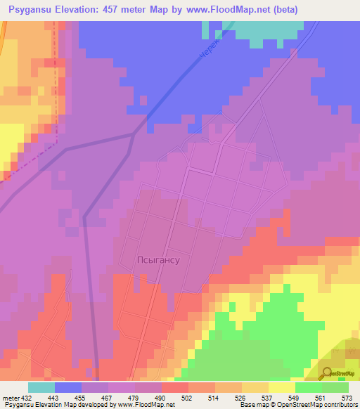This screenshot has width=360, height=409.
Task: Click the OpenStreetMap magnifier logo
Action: coord(328,372)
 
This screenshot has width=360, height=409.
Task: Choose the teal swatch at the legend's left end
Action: coord(41,387)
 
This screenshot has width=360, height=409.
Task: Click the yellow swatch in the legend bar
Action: coord(281,387)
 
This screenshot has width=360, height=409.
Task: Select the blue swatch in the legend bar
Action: coord(68,387)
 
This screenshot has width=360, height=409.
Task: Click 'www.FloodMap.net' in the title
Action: coord(226,9)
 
